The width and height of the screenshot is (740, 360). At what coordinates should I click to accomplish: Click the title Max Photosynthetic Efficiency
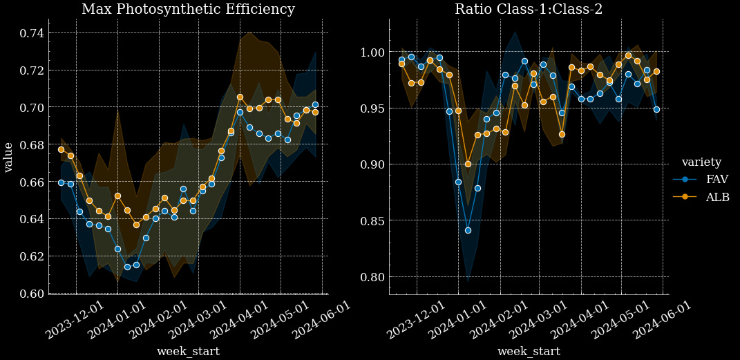(188, 10)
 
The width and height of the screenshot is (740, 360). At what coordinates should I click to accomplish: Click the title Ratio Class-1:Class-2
(529, 10)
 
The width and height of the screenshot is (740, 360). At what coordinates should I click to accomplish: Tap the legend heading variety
(701, 162)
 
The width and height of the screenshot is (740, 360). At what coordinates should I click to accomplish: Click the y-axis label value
(8, 157)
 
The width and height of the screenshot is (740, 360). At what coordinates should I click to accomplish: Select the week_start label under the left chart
(188, 352)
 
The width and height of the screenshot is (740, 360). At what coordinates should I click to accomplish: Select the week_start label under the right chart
(529, 352)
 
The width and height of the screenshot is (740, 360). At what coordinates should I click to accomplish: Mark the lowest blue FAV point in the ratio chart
(468, 230)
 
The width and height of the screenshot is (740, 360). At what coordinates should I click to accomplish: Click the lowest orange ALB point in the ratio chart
(468, 164)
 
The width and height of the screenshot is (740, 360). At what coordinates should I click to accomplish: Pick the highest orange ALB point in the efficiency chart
(240, 97)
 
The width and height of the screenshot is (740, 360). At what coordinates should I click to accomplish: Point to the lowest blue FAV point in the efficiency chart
(127, 267)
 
